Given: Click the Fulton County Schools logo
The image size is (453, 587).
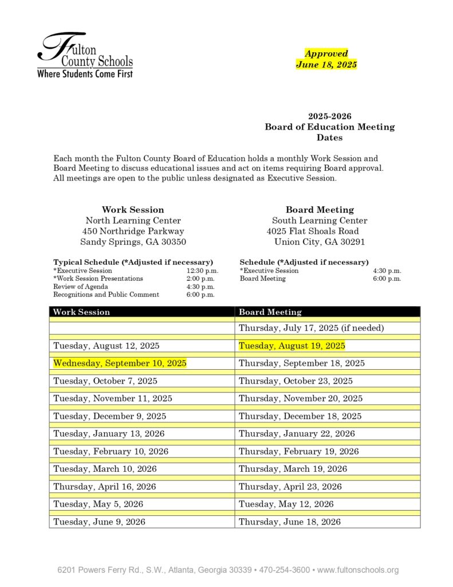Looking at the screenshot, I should (x=85, y=55).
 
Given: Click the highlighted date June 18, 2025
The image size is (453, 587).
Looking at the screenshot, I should (x=326, y=64).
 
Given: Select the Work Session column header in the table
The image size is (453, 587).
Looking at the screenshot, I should (x=81, y=312).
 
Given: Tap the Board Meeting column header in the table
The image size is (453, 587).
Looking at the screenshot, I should (x=270, y=312).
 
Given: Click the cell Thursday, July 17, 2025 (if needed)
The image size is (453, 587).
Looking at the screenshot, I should (x=311, y=328).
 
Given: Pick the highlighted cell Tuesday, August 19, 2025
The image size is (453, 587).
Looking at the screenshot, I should (x=292, y=346).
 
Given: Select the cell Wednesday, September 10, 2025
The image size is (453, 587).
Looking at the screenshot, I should (x=120, y=363).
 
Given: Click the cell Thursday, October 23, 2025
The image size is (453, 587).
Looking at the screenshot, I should (x=296, y=381).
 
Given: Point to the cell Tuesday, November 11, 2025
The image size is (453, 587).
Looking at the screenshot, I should (x=113, y=398).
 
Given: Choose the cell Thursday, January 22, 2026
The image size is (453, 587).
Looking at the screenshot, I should (x=297, y=433).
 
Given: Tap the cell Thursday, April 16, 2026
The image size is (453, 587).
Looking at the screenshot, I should (x=105, y=487).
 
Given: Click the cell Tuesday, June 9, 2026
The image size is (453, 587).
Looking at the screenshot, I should (x=99, y=522).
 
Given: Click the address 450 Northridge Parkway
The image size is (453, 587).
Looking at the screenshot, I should (x=133, y=231).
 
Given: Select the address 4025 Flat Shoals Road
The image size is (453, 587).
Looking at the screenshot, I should (x=313, y=231).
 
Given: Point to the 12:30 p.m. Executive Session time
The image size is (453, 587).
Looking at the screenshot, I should (x=202, y=271).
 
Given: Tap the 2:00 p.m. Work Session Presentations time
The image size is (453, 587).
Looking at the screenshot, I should (x=200, y=279).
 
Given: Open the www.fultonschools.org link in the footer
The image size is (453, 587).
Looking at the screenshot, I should (x=357, y=570).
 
